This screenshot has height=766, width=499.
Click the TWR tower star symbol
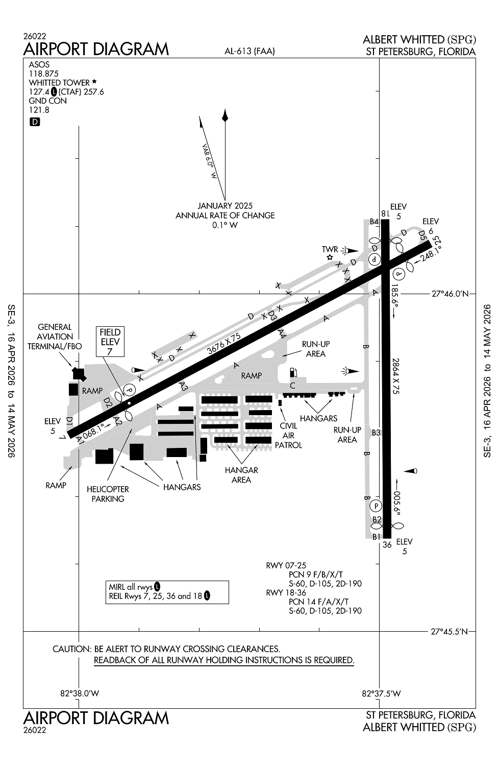coord(330,257)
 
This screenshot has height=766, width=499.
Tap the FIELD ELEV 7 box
coord(110,342)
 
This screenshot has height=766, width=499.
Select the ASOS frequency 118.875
coord(43,74)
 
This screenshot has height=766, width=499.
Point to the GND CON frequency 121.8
coord(39,110)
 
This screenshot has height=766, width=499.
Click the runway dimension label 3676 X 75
coord(224,344)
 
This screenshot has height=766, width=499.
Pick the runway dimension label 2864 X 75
coord(395,376)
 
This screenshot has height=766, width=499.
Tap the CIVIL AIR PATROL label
coord(288,436)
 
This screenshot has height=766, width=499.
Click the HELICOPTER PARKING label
coord(108,494)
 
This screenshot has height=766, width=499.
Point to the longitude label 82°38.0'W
coord(80,693)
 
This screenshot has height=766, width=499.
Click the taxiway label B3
coord(376,433)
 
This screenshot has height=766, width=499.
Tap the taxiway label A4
coord(282,333)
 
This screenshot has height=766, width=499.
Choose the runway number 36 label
coord(387,545)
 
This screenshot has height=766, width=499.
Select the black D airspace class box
coord(35,122)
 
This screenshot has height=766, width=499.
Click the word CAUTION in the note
coord(71,649)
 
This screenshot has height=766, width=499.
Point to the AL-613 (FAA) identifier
coord(249,51)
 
